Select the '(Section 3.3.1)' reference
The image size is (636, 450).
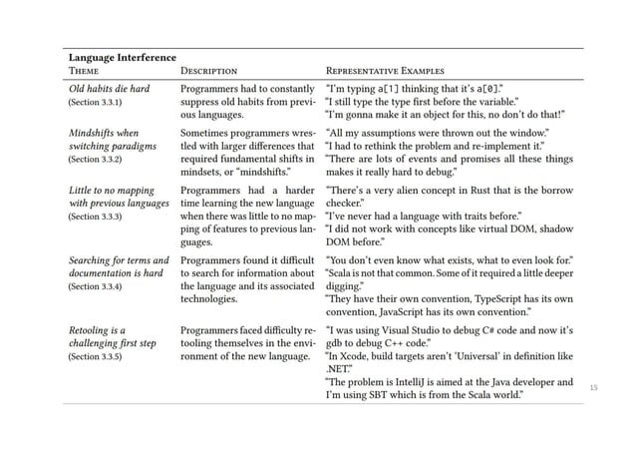tap(95, 103)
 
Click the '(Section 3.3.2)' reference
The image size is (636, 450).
tap(95, 159)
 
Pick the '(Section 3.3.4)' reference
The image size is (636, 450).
tap(95, 284)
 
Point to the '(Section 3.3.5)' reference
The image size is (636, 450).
tap(95, 354)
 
